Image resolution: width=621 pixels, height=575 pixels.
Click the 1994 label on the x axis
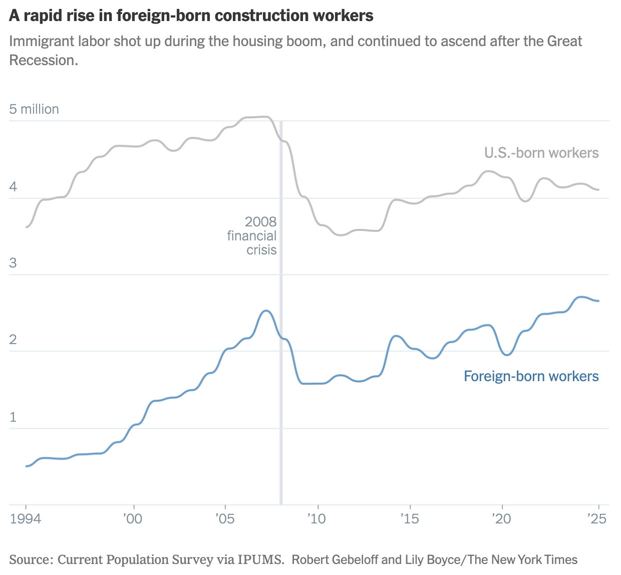pos(26,518)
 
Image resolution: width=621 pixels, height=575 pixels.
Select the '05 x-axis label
pos(225,518)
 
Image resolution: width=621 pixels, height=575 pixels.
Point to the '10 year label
pos(317,518)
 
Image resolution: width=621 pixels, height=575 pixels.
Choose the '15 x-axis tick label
pos(409,518)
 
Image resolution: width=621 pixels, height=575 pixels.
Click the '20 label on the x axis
pos(501,518)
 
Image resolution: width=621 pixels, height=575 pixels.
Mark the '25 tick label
pos(597,518)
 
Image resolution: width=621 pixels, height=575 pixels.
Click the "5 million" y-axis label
pos(34,109)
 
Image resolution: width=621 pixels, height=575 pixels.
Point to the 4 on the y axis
pos(13,187)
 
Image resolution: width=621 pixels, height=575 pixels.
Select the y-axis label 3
pos(13,263)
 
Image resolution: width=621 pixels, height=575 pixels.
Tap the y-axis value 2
pos(13,340)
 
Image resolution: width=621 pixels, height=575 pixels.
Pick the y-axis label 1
pos(13,417)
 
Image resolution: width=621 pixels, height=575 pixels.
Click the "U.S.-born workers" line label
pos(541,153)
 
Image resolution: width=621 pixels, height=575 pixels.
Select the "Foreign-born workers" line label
pos(531,376)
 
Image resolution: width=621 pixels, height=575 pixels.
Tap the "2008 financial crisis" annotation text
pos(253,235)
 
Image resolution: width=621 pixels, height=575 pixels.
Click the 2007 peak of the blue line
pos(266,311)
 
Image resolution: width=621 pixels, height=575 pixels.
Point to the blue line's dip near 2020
pos(506,355)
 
